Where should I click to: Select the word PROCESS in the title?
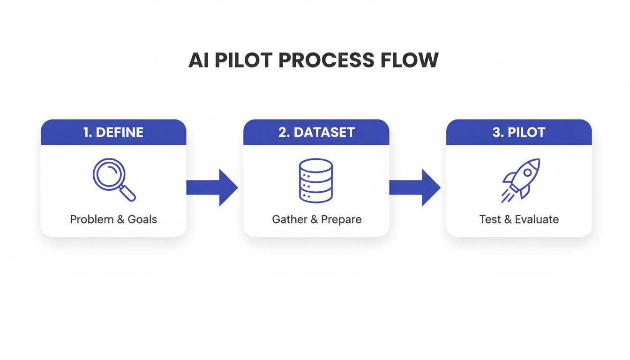pos(330,60)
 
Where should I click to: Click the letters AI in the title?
pos(199,60)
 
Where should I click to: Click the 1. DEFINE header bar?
pos(113,132)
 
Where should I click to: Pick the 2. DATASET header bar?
pos(316,132)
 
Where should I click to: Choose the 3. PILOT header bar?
pos(518,132)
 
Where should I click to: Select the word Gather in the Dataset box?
pos(289,219)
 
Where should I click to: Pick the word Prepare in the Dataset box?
pos(341,219)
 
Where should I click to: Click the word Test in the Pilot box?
pos(490,219)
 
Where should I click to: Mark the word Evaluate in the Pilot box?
pos(537,219)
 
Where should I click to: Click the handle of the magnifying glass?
pos(127,193)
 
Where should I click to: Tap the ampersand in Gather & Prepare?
pos(314,219)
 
